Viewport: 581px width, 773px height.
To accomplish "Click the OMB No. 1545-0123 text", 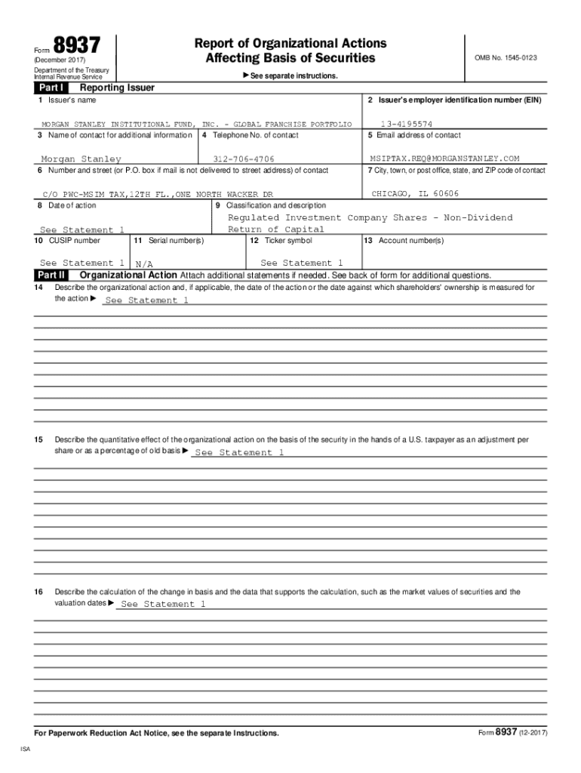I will point(505,57).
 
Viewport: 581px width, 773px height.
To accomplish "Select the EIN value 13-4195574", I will point(406,123).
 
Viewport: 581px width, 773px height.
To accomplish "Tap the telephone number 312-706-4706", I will point(244,159).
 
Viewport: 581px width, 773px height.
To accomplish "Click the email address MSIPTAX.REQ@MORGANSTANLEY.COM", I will point(444,159).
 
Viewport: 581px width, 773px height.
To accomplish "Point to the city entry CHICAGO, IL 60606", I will point(415,194).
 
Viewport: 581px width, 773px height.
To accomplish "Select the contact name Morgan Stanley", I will point(81,159).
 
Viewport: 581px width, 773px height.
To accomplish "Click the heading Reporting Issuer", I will point(112,88).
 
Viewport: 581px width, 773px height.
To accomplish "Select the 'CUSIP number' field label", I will point(67,241).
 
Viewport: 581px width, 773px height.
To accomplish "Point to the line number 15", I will point(38,439).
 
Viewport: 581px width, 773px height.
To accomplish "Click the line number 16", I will point(38,592).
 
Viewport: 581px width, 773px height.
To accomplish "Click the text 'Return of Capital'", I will point(276,229).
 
